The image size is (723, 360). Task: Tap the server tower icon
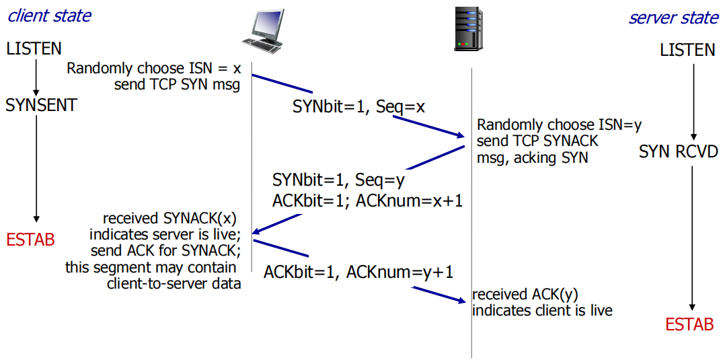469,29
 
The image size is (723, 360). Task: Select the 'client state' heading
49,15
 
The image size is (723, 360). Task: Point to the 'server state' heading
673,17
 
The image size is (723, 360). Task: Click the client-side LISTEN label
34,48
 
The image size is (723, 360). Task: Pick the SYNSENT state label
41,105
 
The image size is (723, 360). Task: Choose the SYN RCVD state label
679,151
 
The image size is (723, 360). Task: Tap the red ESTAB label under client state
30,240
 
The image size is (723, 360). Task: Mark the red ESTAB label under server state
689,324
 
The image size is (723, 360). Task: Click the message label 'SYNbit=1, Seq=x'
358,106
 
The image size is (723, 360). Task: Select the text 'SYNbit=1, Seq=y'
338,180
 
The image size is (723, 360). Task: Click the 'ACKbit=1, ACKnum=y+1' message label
358,272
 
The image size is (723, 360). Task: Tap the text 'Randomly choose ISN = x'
153,69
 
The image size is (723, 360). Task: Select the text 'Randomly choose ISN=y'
560,125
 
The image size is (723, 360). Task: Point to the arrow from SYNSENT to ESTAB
36,168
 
